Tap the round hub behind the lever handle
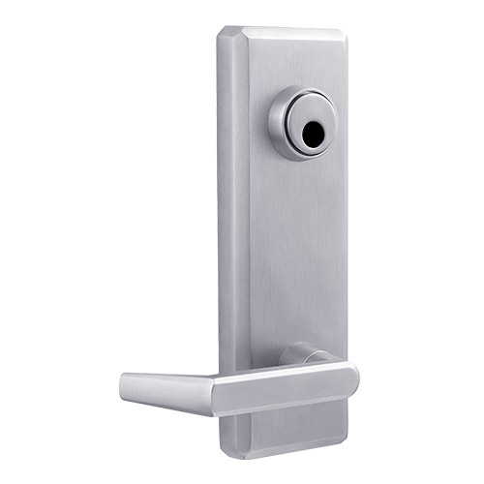point(300,354)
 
